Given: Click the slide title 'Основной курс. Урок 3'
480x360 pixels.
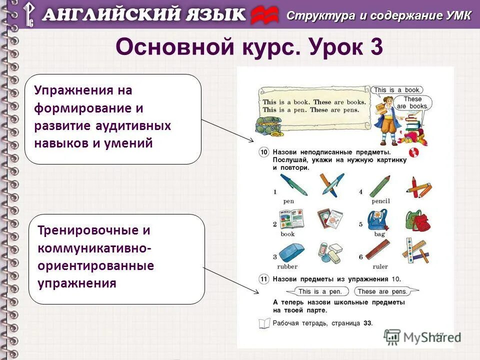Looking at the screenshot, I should [249, 47].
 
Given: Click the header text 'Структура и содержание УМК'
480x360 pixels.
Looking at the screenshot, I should [378, 15].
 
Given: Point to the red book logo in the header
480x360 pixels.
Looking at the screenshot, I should [264, 15].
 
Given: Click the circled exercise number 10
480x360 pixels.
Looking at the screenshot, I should [263, 151].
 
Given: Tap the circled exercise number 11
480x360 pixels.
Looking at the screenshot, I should [263, 279].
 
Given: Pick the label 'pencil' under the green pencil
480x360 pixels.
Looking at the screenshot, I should [380, 201].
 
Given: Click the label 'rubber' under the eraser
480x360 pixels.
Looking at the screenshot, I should [287, 266].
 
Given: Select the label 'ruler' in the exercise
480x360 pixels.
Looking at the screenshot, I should [380, 266].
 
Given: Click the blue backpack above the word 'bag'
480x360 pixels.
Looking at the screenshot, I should [377, 219].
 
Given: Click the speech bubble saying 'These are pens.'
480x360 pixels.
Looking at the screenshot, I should [380, 291].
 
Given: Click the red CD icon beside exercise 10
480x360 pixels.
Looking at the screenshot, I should [413, 152].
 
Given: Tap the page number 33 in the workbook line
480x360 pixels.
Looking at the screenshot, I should [367, 323].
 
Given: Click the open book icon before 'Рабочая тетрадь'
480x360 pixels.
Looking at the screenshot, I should [264, 323].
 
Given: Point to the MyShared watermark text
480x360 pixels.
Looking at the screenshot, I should [431, 337].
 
